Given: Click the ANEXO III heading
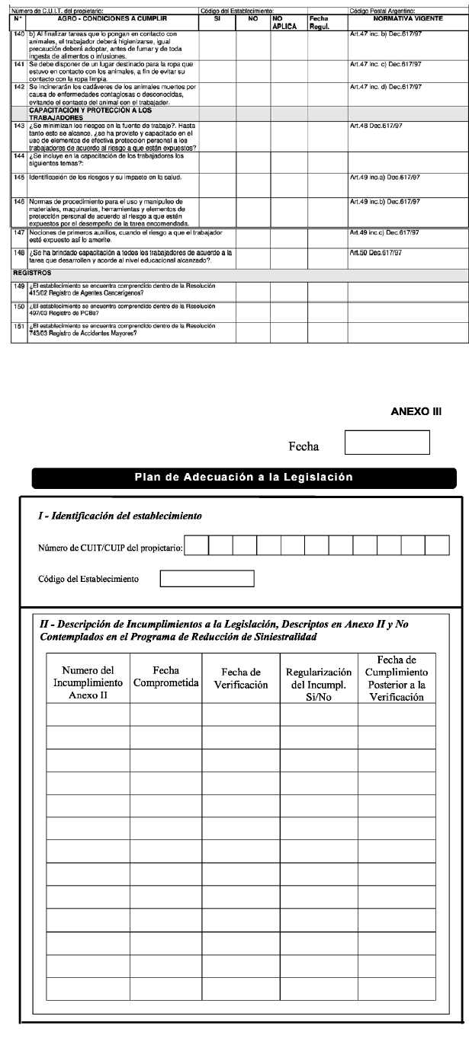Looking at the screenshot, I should click(416, 411).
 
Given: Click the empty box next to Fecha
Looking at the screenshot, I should click(387, 443).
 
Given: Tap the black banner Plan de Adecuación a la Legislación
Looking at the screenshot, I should click(244, 478).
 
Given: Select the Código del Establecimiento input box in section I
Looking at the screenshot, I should click(207, 579).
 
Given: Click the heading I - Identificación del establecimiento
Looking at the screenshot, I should click(120, 516).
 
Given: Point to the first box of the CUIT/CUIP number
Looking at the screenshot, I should click(197, 545).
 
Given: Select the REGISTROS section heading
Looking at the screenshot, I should click(32, 272).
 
